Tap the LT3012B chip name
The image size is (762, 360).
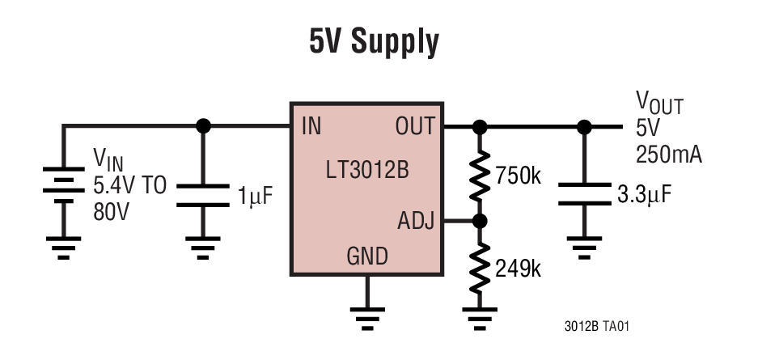pyautogui.click(x=366, y=171)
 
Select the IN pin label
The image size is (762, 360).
pyautogui.click(x=311, y=126)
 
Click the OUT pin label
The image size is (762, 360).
pyautogui.click(x=414, y=126)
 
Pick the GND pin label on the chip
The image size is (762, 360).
pyautogui.click(x=366, y=256)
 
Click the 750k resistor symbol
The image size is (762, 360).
pyautogui.click(x=480, y=173)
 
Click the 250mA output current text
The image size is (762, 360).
pyautogui.click(x=668, y=154)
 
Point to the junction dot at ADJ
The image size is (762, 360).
pyautogui.click(x=480, y=220)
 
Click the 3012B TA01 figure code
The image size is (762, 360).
pyautogui.click(x=597, y=327)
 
